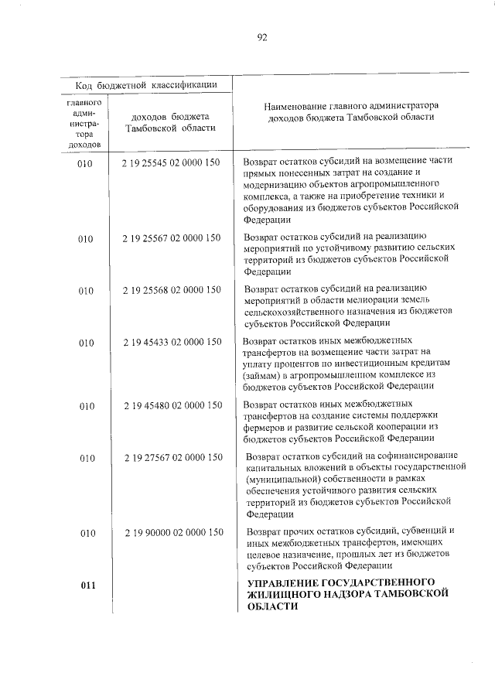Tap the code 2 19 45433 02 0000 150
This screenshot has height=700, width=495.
(171, 342)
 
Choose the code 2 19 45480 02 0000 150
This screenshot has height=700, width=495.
(171, 405)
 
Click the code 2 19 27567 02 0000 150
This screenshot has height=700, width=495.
(171, 458)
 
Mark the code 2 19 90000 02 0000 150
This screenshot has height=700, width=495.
(171, 533)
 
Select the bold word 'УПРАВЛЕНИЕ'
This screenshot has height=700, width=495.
(284, 582)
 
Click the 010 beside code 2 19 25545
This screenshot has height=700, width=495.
(86, 163)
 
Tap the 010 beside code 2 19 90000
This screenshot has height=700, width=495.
(86, 533)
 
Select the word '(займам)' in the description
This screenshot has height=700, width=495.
(260, 374)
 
